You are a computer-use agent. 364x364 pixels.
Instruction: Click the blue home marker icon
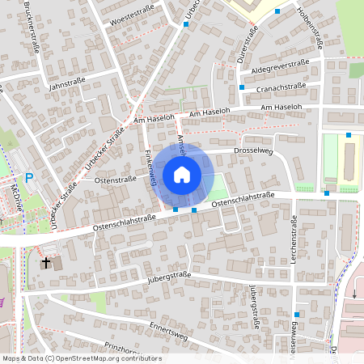click(x=182, y=174)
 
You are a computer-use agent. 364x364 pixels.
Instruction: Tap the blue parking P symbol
click(x=29, y=178)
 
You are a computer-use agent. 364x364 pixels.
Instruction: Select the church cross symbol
click(x=47, y=263)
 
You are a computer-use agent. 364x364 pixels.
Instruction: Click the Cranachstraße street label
click(x=281, y=86)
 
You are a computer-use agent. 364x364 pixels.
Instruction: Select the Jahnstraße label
click(x=68, y=83)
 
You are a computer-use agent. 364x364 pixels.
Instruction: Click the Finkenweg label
click(x=150, y=167)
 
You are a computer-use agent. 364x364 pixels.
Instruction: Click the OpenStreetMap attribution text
click(x=83, y=358)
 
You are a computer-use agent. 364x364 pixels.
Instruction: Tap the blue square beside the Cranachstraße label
click(x=241, y=87)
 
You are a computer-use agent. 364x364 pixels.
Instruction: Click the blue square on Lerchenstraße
click(x=297, y=314)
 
